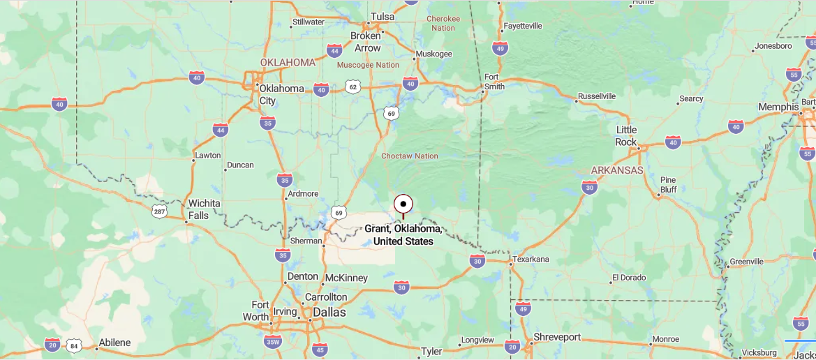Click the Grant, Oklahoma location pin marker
[x=403, y=204]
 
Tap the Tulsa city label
[x=382, y=17]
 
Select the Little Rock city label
[x=626, y=136]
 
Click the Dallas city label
[x=329, y=313]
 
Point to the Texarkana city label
[x=531, y=259]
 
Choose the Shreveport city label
[x=556, y=337]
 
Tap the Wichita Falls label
[x=204, y=209]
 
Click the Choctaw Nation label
[x=410, y=156]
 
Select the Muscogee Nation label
[x=368, y=65]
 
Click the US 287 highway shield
[x=160, y=211]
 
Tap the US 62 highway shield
[x=353, y=87]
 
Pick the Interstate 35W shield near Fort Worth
[x=273, y=341]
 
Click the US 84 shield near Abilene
[x=74, y=345]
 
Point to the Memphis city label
[x=778, y=107]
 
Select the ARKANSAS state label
[x=617, y=170]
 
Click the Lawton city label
[x=207, y=155]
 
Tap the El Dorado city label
[x=630, y=278]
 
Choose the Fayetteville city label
[x=522, y=26]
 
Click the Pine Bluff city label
[x=668, y=184]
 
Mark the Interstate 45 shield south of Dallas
[x=320, y=350]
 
